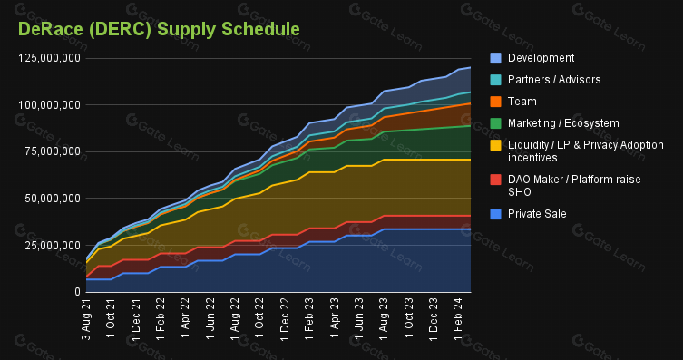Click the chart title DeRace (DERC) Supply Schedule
(159, 30)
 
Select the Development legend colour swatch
(495, 58)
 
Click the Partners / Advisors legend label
(554, 80)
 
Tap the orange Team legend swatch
(495, 102)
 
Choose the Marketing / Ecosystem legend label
(563, 123)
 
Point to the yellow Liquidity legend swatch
(495, 145)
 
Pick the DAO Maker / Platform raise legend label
(574, 186)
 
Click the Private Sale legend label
(537, 214)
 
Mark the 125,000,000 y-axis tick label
(49, 58)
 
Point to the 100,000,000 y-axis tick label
(49, 105)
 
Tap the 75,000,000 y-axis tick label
(53, 151)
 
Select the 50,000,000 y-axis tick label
(53, 199)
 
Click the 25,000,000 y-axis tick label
(53, 246)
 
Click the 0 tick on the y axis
(77, 292)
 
